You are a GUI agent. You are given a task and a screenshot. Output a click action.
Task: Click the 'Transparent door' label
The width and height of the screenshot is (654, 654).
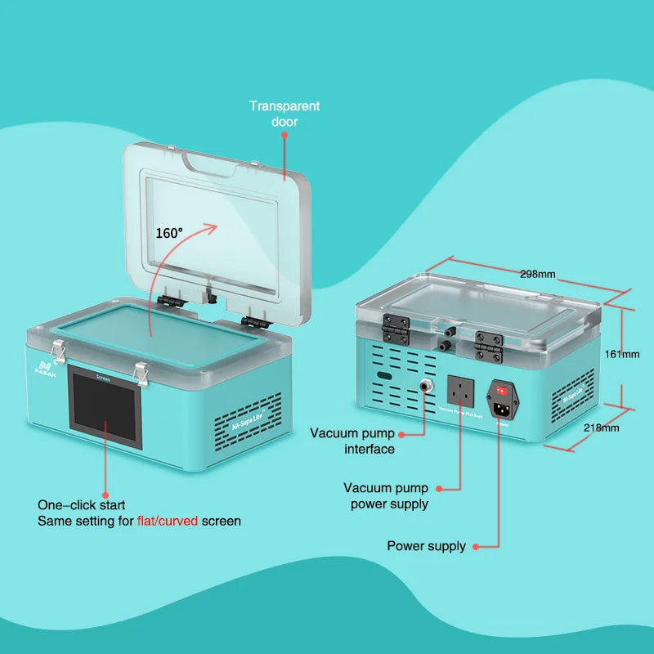(x=284, y=114)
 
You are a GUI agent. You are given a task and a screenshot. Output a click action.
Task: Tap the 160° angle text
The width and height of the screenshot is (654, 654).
(x=169, y=233)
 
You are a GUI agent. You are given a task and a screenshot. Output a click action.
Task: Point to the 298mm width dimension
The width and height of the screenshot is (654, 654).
(x=537, y=274)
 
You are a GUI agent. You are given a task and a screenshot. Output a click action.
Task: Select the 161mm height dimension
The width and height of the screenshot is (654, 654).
(x=622, y=354)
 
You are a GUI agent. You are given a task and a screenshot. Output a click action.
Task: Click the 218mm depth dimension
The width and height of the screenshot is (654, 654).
(x=602, y=428)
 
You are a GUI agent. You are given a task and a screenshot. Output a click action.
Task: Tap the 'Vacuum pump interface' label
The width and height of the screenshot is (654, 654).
(x=352, y=441)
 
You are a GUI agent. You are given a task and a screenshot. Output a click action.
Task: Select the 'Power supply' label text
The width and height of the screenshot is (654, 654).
(x=426, y=546)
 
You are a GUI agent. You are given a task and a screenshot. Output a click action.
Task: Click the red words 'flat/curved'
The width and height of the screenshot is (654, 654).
(x=168, y=521)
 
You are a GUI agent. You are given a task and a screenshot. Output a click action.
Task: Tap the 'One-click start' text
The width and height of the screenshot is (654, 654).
(x=82, y=505)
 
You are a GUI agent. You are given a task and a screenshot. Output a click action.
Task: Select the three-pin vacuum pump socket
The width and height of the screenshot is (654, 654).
(x=461, y=390)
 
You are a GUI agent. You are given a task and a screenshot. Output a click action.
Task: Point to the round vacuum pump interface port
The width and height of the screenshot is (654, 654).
(x=426, y=383)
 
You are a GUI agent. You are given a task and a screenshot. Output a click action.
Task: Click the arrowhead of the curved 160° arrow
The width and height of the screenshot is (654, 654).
(x=214, y=226)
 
